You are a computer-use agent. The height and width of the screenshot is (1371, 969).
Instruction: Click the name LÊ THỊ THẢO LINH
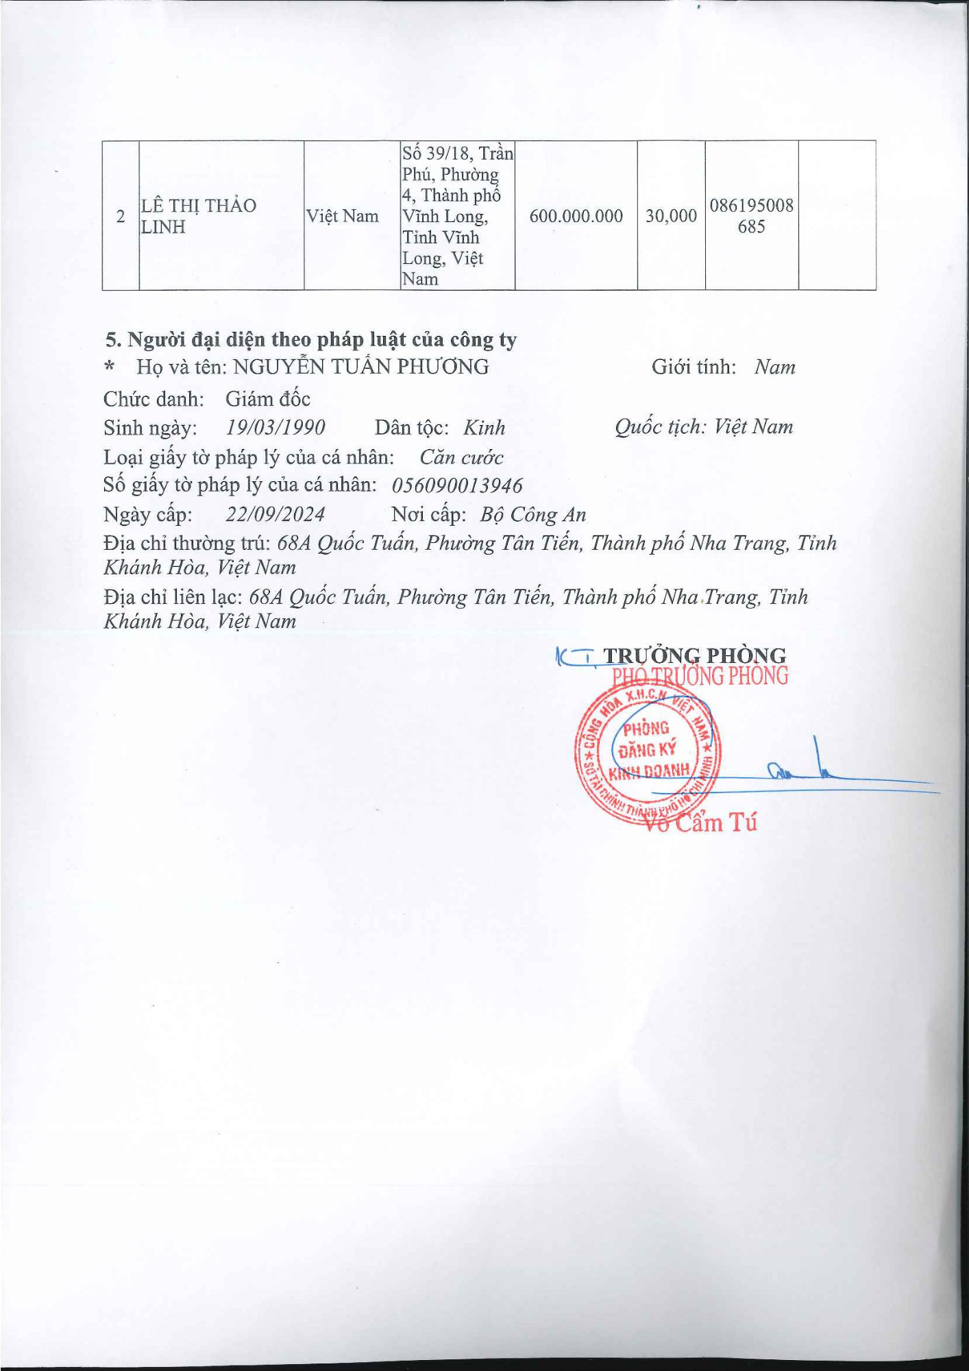coord(198,216)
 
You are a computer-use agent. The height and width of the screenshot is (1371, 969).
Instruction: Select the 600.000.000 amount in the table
coord(576,216)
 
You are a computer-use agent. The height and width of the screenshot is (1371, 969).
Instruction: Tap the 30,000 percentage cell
coord(671,216)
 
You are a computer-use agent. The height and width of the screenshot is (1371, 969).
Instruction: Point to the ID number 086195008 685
coord(751,216)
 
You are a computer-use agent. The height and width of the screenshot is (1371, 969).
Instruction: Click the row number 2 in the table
coord(121,216)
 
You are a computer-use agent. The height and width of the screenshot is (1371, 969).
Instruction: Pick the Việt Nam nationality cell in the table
coord(342,216)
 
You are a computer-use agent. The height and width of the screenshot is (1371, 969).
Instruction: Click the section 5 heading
coord(311,339)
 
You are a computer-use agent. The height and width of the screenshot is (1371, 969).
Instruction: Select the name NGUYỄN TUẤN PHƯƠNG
coord(360,367)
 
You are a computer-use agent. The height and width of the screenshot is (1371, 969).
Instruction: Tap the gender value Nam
coord(774,367)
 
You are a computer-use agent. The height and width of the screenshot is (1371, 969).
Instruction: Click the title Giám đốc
coord(268,398)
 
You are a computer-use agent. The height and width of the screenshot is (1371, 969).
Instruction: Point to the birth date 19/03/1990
coord(275,427)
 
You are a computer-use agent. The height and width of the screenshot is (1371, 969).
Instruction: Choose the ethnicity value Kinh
coord(484,428)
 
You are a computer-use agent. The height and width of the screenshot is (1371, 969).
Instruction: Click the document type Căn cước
coord(461,457)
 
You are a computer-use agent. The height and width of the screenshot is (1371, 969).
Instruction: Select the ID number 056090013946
coord(457,485)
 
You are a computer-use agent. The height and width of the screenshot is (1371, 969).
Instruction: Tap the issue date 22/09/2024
coord(275,514)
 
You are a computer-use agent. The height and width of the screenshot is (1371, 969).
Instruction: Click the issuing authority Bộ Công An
coord(533,515)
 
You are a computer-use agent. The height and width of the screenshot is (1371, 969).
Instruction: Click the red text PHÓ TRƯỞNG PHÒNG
coord(700,677)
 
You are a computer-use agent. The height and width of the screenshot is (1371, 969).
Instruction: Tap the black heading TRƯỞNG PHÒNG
coord(694,655)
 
